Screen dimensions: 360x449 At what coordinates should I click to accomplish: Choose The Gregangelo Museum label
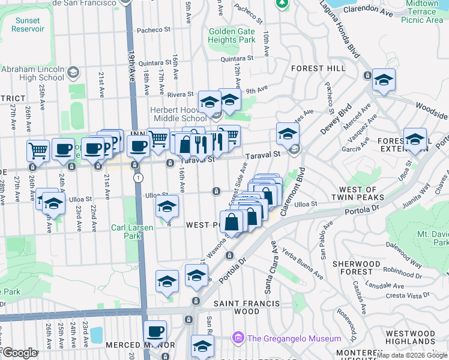click(x=294, y=338)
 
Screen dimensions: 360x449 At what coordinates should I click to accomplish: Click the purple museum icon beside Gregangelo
click(x=238, y=338)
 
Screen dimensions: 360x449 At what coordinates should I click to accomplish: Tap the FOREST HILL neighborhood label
click(x=318, y=69)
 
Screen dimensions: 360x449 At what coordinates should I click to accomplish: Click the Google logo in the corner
click(x=20, y=353)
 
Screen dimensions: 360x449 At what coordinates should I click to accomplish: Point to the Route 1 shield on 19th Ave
click(x=139, y=178)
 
